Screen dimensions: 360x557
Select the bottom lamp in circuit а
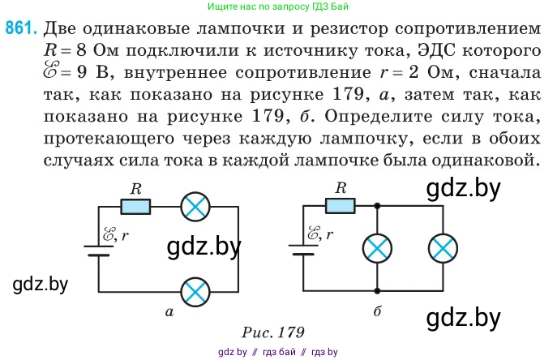point(194,291)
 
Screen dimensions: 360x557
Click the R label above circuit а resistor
point(136,188)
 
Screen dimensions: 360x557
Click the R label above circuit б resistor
point(341,188)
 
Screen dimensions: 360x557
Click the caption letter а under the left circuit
point(169,311)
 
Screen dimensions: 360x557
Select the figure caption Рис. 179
point(272,332)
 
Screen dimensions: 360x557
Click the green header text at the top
point(276,6)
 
